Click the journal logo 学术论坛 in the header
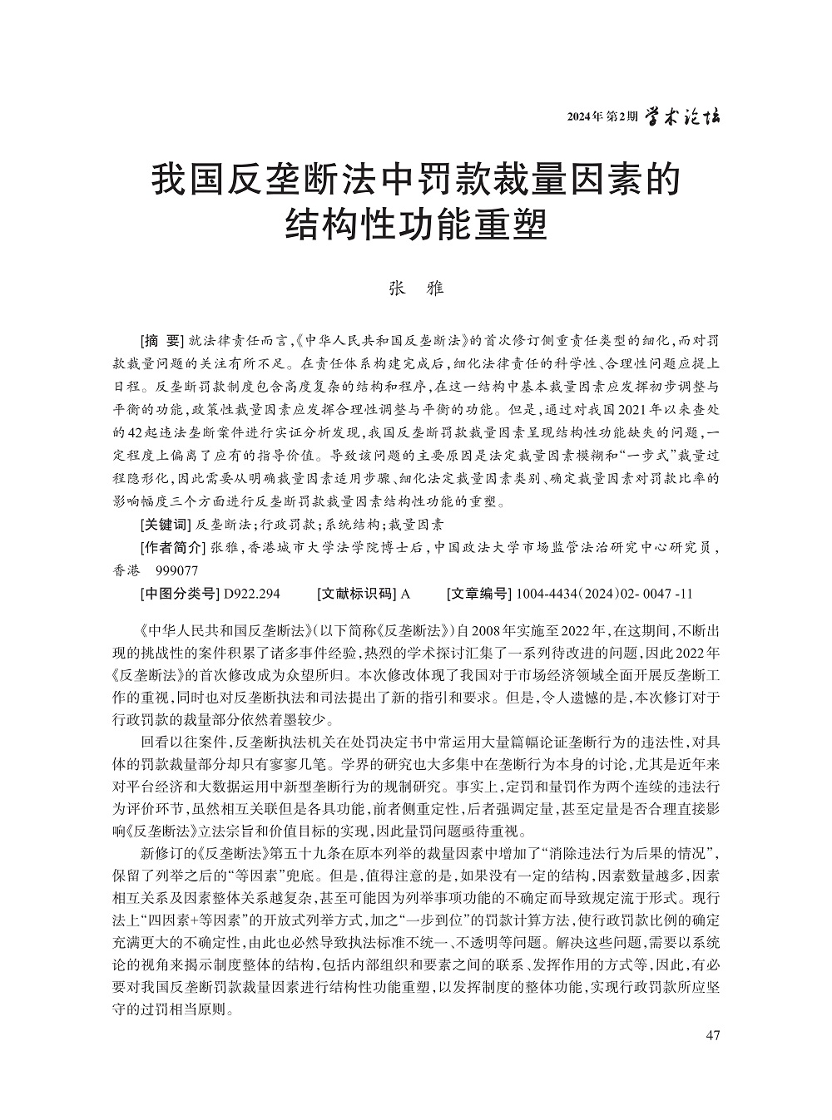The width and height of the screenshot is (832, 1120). tap(684, 116)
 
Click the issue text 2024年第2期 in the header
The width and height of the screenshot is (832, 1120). tap(602, 116)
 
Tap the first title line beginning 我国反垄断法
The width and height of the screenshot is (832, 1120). tap(415, 180)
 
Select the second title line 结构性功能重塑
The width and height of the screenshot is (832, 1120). tap(415, 223)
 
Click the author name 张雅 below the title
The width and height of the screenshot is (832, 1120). tap(417, 289)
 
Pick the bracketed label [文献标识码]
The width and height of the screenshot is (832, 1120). tap(358, 594)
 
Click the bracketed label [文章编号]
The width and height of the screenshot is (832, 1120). tap(478, 594)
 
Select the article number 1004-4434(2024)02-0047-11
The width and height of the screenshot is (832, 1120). tap(605, 594)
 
